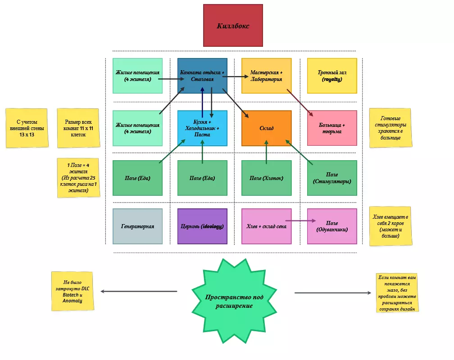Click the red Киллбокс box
233,25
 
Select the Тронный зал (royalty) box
331,76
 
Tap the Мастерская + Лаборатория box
267,76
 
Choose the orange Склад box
267,128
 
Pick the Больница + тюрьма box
331,128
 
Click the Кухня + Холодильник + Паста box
202,128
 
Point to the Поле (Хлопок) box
267,178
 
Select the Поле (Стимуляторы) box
331,178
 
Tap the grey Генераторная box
137,226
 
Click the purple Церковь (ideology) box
202,226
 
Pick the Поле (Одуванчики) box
331,226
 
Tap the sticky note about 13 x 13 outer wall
27,128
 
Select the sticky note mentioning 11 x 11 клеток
78,128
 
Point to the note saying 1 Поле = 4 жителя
78,177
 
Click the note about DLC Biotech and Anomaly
73,291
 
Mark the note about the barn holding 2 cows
390,226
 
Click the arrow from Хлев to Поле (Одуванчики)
299,221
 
